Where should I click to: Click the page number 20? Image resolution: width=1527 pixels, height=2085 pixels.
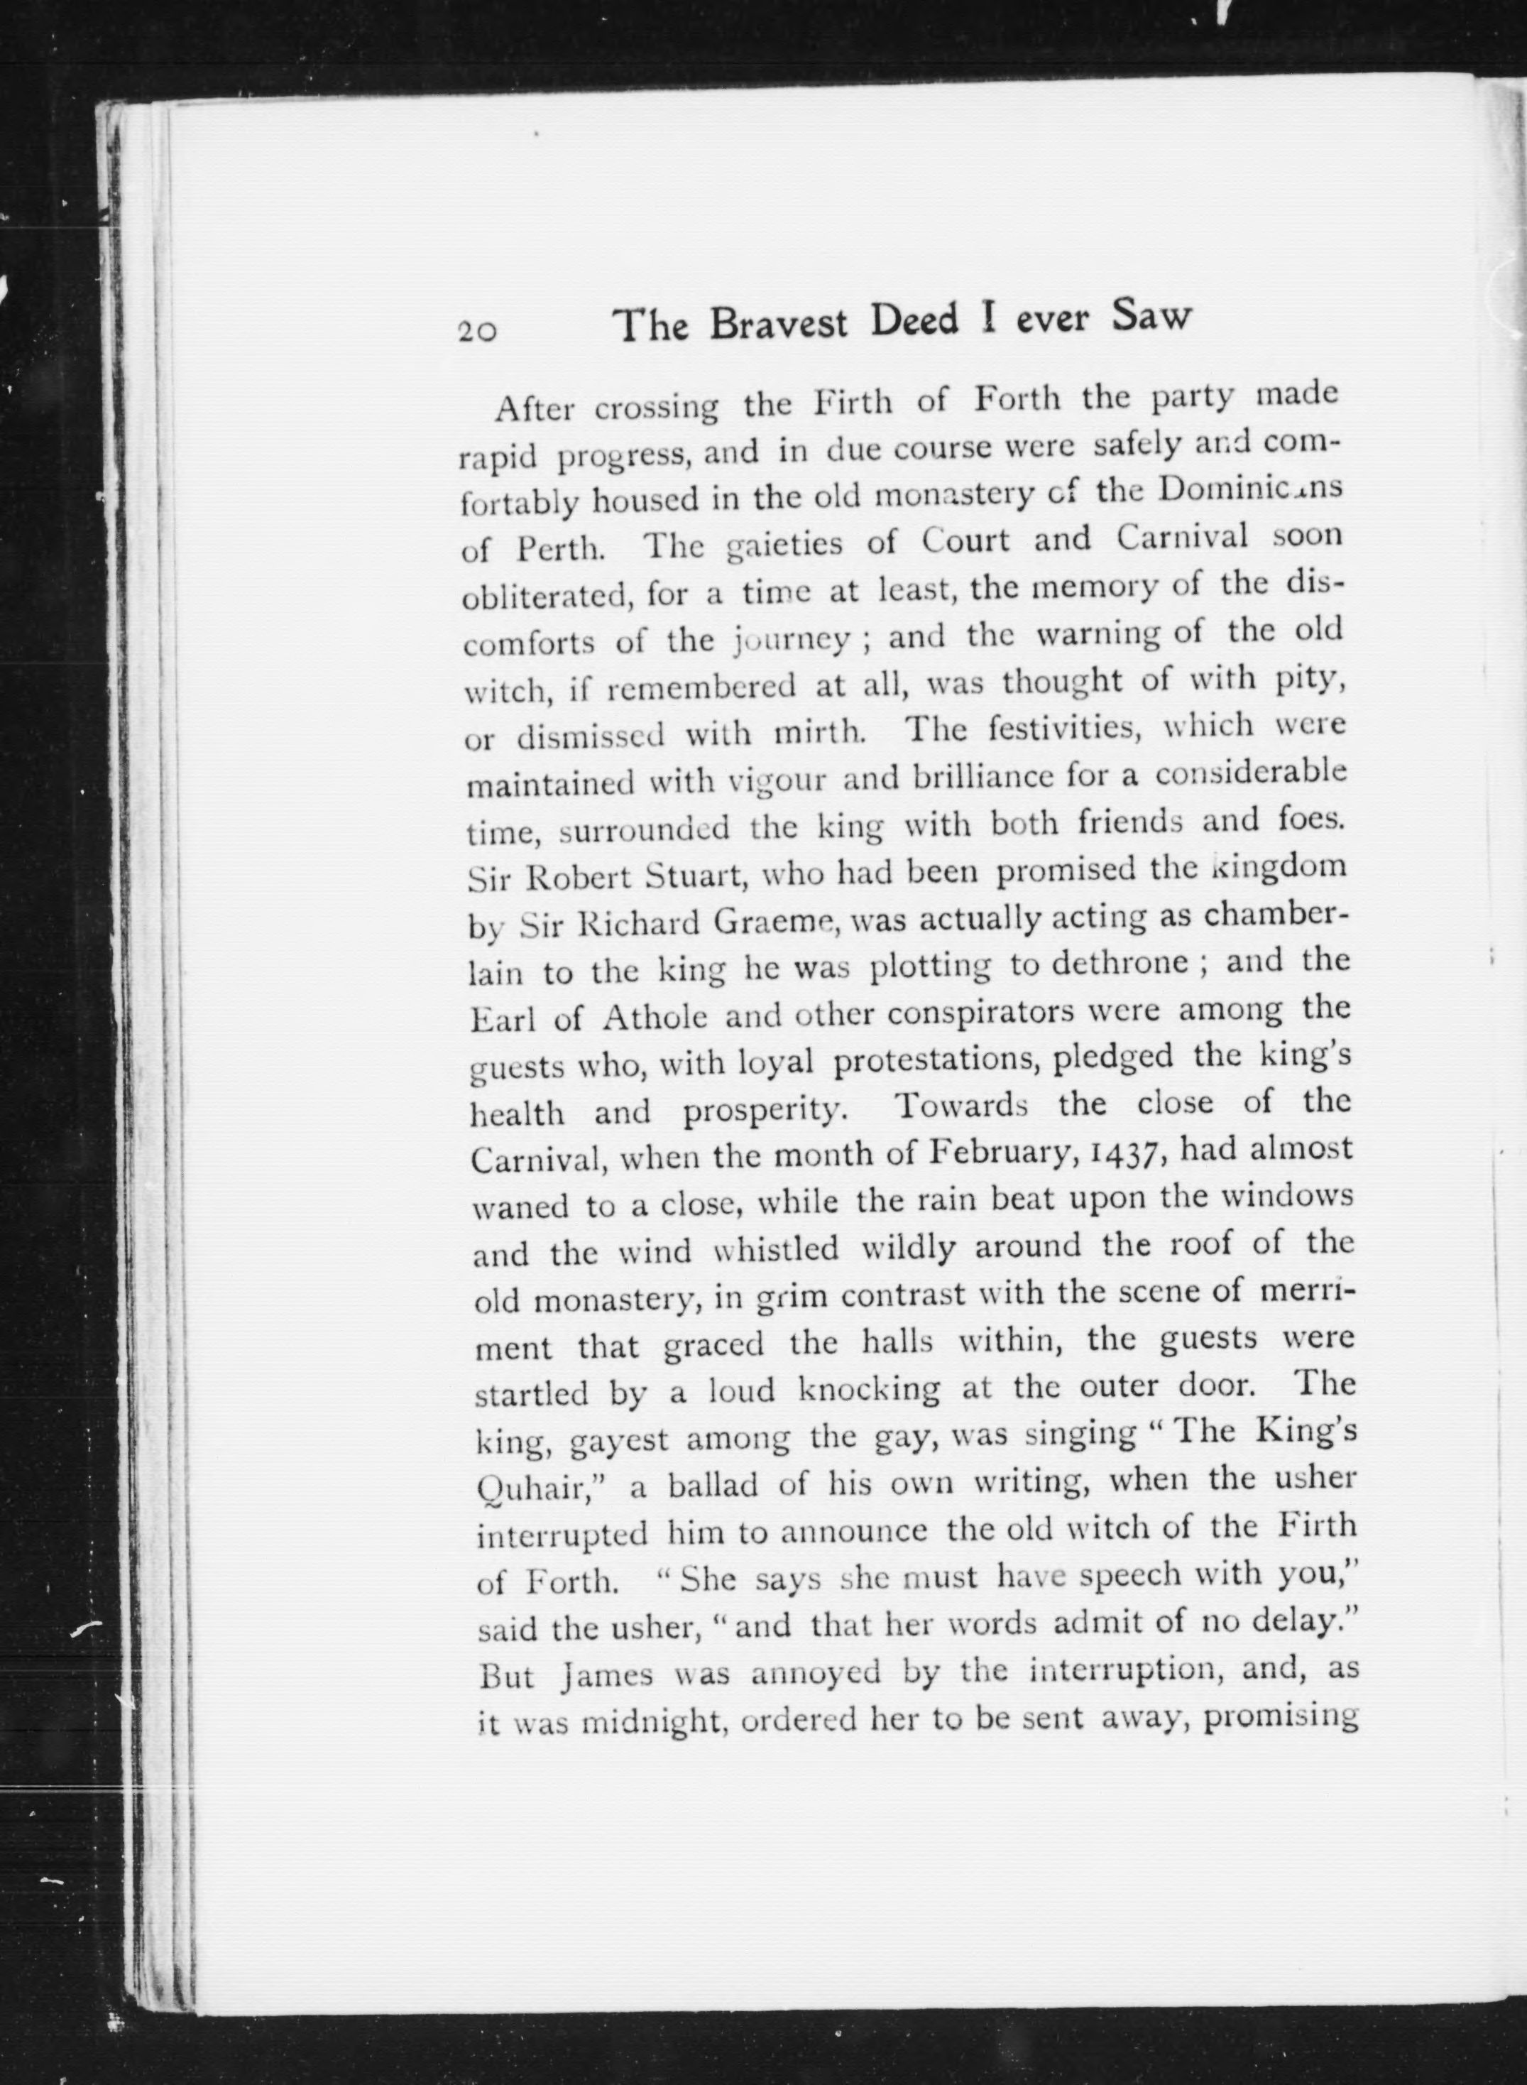477,331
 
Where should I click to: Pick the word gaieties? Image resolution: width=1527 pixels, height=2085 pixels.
784,543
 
